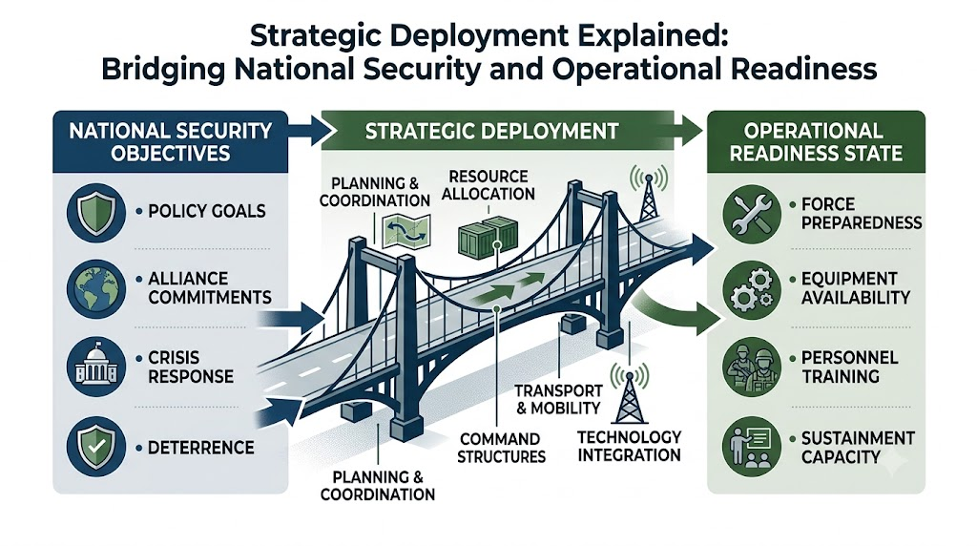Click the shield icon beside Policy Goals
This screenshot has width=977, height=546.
pos(95,212)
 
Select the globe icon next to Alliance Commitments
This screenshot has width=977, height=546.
pos(95,289)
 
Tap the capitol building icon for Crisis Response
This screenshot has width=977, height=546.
pos(95,367)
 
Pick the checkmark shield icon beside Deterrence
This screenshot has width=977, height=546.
pos(95,447)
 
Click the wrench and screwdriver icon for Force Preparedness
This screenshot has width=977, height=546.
pos(752,213)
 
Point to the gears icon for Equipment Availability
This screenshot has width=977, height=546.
pos(752,290)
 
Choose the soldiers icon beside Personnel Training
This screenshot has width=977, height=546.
pos(752,367)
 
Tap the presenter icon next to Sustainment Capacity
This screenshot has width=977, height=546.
pos(752,447)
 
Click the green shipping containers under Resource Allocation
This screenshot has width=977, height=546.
pos(488,237)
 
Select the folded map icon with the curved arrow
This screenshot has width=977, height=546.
pos(406,232)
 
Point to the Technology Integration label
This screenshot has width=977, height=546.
pos(629,446)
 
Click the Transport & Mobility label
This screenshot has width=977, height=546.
pos(557,400)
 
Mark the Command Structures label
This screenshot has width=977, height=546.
pos(501,448)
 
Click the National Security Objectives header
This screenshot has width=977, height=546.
pos(170,141)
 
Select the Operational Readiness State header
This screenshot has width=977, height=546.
pos(816,141)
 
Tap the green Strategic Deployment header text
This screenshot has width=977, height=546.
pos(491,131)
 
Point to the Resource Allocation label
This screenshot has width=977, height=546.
pos(488,185)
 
